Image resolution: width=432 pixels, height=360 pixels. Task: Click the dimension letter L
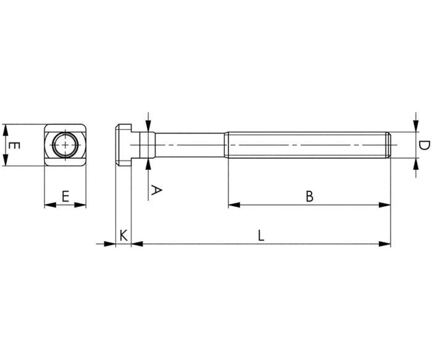pyautogui.click(x=261, y=236)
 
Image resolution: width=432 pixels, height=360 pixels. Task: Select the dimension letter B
pyautogui.click(x=310, y=196)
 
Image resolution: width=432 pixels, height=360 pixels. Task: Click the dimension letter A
pyautogui.click(x=156, y=190)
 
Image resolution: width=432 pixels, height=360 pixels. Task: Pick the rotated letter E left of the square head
pyautogui.click(x=14, y=146)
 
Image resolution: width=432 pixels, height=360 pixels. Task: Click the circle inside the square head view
pyautogui.click(x=66, y=145)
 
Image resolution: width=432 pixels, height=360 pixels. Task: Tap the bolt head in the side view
pyautogui.click(x=123, y=145)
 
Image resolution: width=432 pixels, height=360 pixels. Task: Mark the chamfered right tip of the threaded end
pyautogui.click(x=389, y=145)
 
